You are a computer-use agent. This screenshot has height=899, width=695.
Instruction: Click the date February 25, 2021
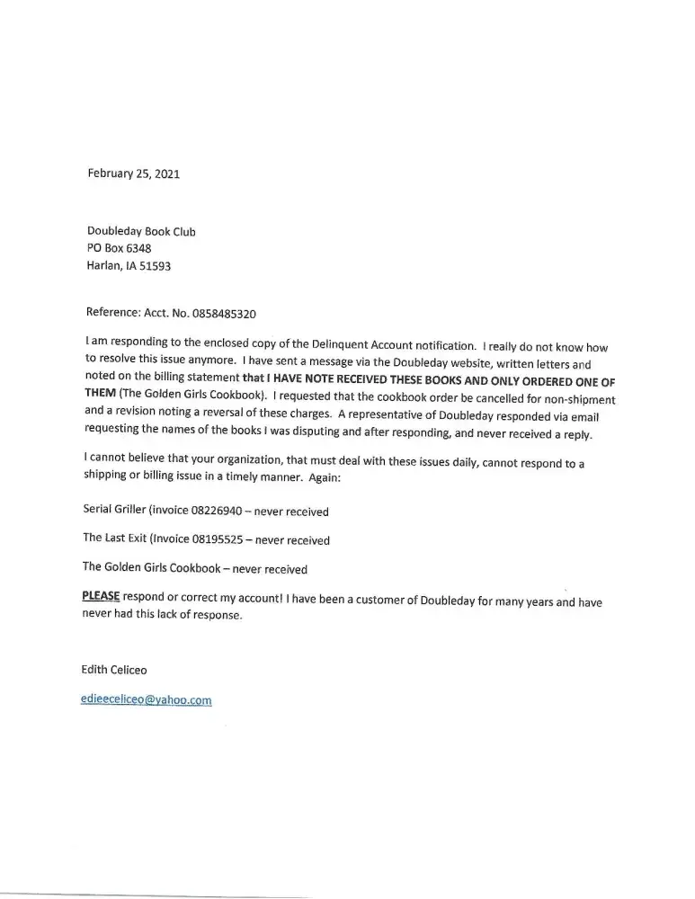(133, 174)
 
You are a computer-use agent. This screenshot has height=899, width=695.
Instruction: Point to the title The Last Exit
(115, 540)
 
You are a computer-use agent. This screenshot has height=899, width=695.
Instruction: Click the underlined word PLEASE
(101, 597)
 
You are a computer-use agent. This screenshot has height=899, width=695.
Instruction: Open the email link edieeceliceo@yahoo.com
(146, 700)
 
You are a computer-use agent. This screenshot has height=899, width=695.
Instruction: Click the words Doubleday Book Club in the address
(140, 232)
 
